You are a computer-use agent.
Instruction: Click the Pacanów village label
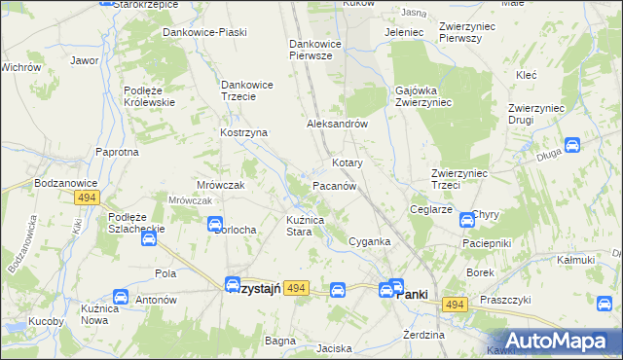[x=338, y=185]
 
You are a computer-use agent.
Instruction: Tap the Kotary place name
[x=348, y=162]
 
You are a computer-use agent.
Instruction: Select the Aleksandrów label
[x=336, y=125]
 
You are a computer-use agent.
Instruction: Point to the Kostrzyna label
[x=243, y=132]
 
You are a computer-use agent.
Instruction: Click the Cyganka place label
[x=369, y=241]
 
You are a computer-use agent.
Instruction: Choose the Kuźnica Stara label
[x=311, y=227]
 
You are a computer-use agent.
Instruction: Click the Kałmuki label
[x=574, y=260]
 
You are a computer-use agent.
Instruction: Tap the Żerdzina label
[x=423, y=335]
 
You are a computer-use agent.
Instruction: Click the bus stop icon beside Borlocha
[x=215, y=225]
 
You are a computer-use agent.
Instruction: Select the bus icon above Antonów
[x=121, y=297]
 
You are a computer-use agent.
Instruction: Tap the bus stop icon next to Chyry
[x=466, y=220]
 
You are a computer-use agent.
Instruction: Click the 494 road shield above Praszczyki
[x=454, y=306]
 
